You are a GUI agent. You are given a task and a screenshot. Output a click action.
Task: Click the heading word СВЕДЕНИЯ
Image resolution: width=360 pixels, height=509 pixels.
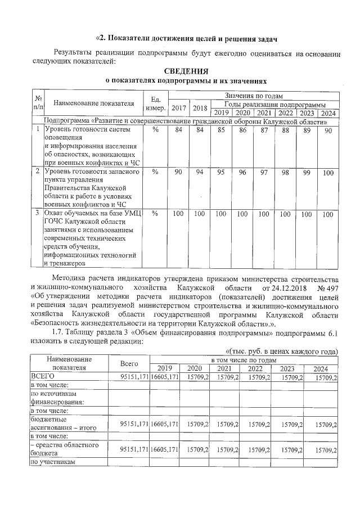186,71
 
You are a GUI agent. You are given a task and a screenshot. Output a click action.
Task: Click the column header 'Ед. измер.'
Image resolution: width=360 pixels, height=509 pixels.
154,102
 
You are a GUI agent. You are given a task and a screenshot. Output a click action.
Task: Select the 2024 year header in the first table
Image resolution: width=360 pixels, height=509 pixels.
328,113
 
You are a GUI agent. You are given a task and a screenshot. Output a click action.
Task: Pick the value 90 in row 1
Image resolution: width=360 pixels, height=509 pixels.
328,130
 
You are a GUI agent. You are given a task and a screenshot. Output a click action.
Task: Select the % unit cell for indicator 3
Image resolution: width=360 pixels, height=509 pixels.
155,214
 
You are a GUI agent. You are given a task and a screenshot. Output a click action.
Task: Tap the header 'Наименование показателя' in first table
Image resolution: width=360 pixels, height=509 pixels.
94,103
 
